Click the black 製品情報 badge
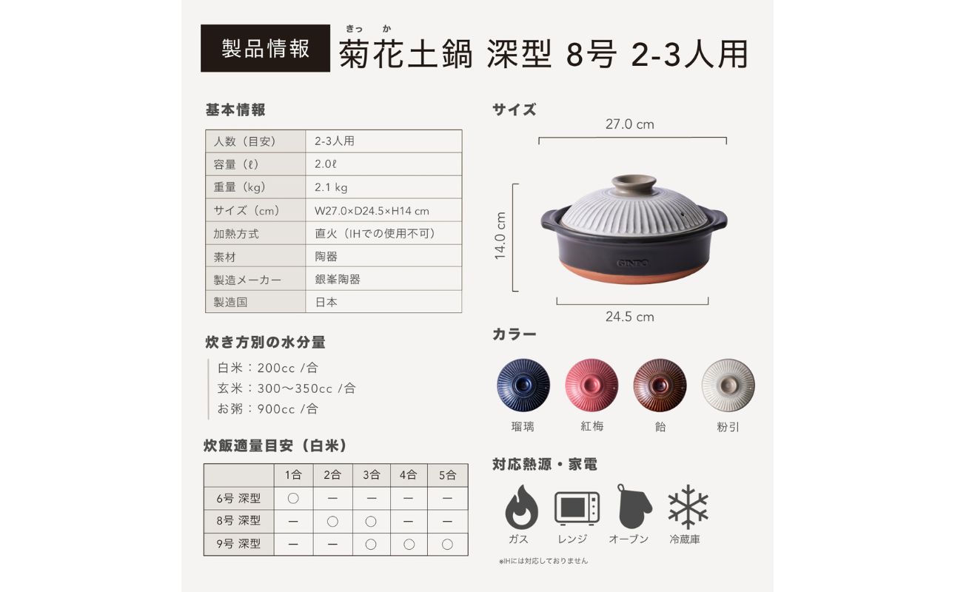(x=265, y=49)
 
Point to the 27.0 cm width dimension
(x=630, y=124)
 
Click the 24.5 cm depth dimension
(x=630, y=317)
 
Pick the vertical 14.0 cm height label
(x=500, y=236)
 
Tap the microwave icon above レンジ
(x=577, y=508)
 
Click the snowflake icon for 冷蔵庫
(x=688, y=507)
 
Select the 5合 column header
(x=447, y=475)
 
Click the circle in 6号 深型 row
(x=293, y=498)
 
